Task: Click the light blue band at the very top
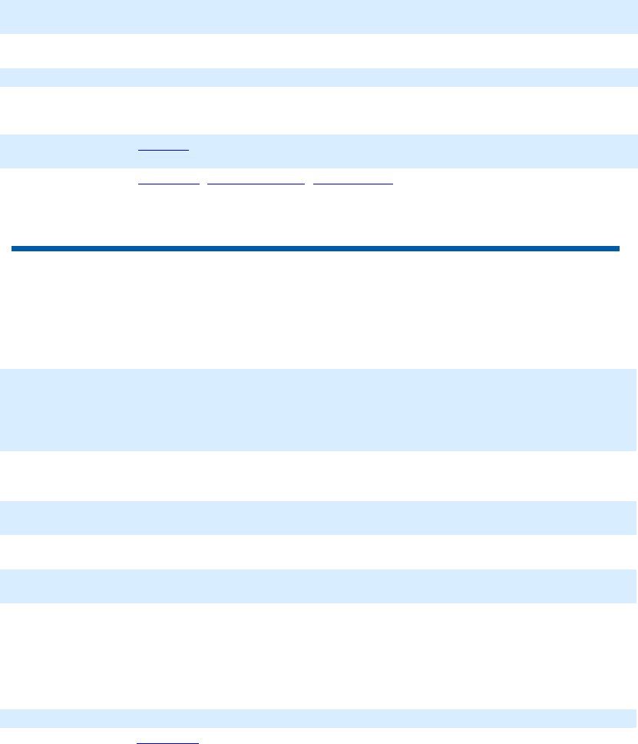319,16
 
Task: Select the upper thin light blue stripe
319,78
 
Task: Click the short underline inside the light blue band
164,150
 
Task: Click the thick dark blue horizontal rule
315,248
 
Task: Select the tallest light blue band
319,410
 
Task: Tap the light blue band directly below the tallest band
319,518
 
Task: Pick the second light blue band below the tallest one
319,586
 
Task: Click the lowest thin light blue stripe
319,719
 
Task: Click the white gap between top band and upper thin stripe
319,51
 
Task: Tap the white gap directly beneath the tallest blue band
319,476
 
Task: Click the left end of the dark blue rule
14,248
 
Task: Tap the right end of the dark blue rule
617,248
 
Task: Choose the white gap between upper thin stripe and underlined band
319,111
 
